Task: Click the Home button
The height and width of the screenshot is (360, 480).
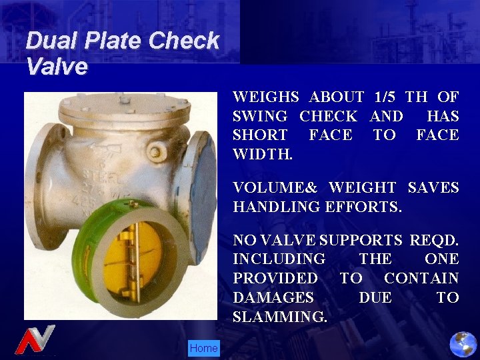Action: pyautogui.click(x=203, y=348)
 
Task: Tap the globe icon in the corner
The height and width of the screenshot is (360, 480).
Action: pyautogui.click(x=463, y=344)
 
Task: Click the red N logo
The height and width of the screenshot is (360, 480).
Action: pyautogui.click(x=35, y=340)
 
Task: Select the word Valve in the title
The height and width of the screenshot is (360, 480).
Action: pyautogui.click(x=57, y=67)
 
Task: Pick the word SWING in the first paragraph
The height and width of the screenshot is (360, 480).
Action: pyautogui.click(x=260, y=116)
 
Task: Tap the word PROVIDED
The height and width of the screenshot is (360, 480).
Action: pyautogui.click(x=275, y=278)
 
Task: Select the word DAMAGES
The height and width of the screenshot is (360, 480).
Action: pyautogui.click(x=273, y=297)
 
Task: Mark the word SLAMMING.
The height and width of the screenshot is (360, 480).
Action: pyautogui.click(x=280, y=317)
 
